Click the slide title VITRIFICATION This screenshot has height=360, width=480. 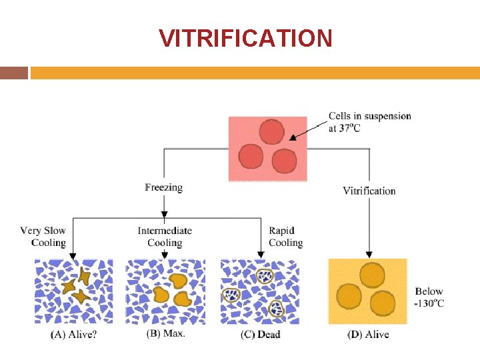coord(245,38)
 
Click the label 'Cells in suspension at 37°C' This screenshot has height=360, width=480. coord(369,122)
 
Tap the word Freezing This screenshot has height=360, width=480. coord(163,187)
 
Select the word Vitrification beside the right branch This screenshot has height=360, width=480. coord(369,191)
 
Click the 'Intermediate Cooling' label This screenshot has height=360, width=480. coord(165,237)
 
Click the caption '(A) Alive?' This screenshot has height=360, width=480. coord(73,334)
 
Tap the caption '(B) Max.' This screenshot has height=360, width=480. coord(165,333)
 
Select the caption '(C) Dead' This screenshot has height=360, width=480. coord(260,334)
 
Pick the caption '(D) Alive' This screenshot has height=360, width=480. coord(367,334)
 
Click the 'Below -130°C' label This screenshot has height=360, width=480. coord(429,297)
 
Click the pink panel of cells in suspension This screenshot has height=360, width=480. coord(267,149)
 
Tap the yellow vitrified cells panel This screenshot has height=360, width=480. coord(367,291)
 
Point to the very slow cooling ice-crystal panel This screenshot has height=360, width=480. coord(73,291)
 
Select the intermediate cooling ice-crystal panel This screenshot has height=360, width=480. coord(165,291)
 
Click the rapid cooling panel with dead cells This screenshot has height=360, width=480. coord(260,291)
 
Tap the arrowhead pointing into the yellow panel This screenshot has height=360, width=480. coord(368,255)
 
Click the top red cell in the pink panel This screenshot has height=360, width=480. coord(271,132)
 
